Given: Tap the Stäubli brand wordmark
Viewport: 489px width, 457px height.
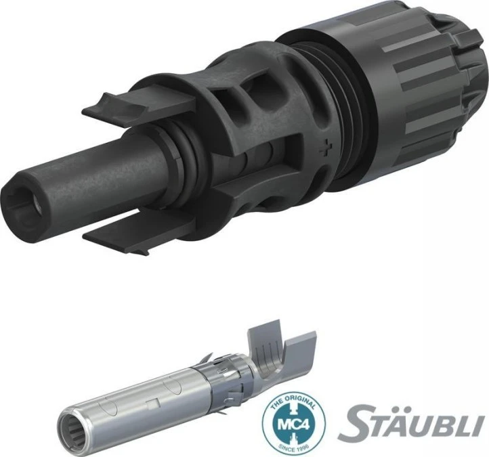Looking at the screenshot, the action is click(409, 421).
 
